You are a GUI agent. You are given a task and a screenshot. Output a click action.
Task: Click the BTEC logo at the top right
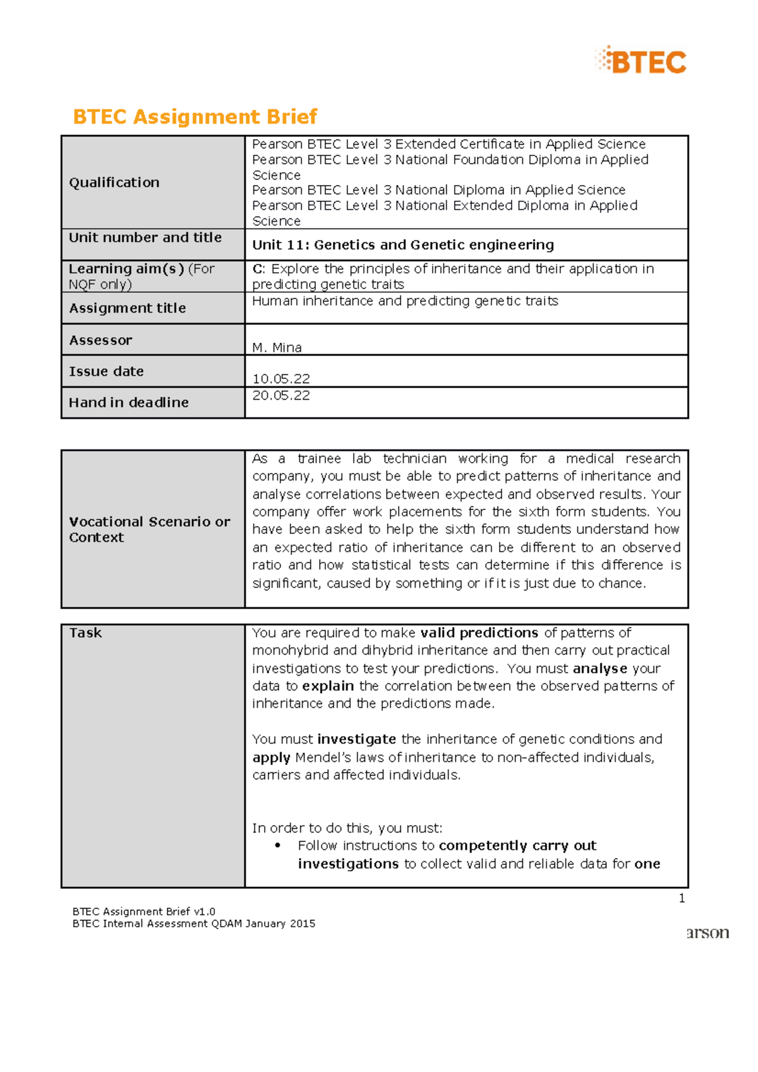pyautogui.click(x=641, y=61)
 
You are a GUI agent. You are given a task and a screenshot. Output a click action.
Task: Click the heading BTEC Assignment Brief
pyautogui.click(x=195, y=117)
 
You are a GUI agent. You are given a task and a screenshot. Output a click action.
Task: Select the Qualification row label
pyautogui.click(x=114, y=182)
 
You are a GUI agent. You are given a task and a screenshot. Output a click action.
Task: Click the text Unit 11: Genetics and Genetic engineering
pyautogui.click(x=403, y=245)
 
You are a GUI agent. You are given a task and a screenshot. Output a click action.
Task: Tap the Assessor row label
pyautogui.click(x=100, y=340)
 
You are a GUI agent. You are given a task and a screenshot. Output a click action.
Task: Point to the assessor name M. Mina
pyautogui.click(x=277, y=347)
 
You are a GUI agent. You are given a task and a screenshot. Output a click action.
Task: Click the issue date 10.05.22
pyautogui.click(x=281, y=379)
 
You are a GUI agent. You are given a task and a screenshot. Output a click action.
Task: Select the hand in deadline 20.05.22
pyautogui.click(x=281, y=396)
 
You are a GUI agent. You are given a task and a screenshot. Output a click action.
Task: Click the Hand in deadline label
pyautogui.click(x=128, y=403)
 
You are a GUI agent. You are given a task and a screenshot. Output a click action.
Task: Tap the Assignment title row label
pyautogui.click(x=127, y=308)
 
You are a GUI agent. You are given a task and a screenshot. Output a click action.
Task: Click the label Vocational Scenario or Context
pyautogui.click(x=149, y=529)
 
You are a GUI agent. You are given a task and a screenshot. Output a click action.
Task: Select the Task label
pyautogui.click(x=85, y=633)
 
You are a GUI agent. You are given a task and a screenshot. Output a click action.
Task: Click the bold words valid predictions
pyautogui.click(x=479, y=633)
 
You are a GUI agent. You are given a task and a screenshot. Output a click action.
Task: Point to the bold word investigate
pyautogui.click(x=356, y=739)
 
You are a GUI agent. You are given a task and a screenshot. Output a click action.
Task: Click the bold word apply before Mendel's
pyautogui.click(x=271, y=758)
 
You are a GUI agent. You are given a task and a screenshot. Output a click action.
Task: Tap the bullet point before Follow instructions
pyautogui.click(x=278, y=846)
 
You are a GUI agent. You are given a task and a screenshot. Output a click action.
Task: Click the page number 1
pyautogui.click(x=682, y=898)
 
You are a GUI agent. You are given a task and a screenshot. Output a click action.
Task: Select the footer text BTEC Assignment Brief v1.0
pyautogui.click(x=144, y=912)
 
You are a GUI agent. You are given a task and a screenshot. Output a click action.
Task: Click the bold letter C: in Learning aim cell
pyautogui.click(x=258, y=269)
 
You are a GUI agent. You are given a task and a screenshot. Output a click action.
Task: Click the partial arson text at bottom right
pyautogui.click(x=707, y=933)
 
